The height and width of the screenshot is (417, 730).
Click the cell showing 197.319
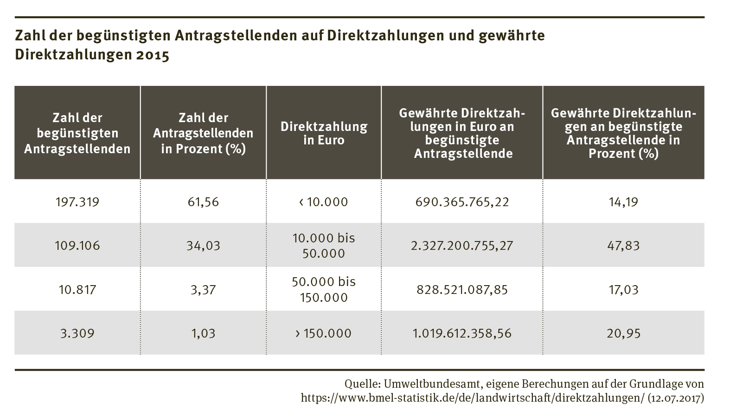tap(77, 202)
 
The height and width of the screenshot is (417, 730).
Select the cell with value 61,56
tap(203, 202)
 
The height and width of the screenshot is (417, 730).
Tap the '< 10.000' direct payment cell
tap(324, 202)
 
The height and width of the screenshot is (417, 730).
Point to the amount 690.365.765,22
tap(462, 202)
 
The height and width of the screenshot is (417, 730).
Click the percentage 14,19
tap(623, 202)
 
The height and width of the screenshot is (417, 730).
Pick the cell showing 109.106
tap(77, 245)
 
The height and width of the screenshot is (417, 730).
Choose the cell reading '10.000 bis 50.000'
tap(324, 245)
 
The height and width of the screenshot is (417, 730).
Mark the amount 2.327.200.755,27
tap(462, 245)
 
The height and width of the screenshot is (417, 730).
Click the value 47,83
tap(623, 245)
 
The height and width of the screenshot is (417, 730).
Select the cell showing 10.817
tap(77, 290)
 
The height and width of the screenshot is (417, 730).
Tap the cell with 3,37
tap(203, 290)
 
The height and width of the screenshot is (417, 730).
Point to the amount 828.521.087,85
tap(462, 290)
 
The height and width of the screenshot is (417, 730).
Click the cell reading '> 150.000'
tap(324, 333)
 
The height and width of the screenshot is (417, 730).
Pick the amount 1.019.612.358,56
tap(462, 333)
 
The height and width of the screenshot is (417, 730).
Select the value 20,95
tap(623, 333)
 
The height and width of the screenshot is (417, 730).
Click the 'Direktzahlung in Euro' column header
tap(324, 133)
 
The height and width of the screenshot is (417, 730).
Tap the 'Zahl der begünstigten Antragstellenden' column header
tap(77, 133)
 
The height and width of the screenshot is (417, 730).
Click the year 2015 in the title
tap(153, 55)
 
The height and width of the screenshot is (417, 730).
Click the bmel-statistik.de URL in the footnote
tap(473, 398)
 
